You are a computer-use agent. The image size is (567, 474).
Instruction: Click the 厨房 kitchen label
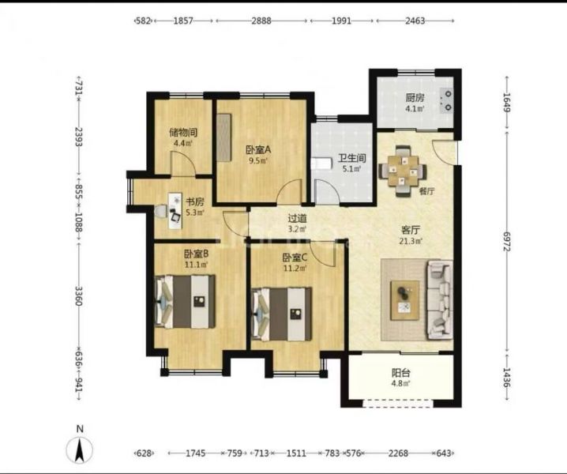(x=415, y=98)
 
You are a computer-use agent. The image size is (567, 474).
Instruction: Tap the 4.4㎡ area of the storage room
(x=183, y=143)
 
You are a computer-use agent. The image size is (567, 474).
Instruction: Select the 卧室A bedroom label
(x=258, y=150)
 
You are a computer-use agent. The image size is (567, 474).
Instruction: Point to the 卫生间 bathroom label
(x=352, y=158)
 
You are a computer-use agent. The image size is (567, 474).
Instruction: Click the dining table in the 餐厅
(x=404, y=171)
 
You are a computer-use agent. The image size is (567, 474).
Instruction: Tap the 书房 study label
(x=195, y=201)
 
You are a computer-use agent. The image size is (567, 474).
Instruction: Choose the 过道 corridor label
(x=297, y=219)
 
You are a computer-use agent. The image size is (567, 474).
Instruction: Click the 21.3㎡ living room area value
(x=411, y=240)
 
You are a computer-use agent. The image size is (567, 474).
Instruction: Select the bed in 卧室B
(x=185, y=302)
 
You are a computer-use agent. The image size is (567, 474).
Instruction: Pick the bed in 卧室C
(x=282, y=314)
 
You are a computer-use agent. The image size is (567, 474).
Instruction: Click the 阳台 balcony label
(x=401, y=373)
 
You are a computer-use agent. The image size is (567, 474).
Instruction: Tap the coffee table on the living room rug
(x=405, y=300)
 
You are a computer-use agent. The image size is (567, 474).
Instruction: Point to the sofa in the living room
(x=440, y=300)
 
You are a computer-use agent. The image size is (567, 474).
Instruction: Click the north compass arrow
(x=80, y=450)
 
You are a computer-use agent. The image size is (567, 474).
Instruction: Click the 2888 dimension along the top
(x=261, y=21)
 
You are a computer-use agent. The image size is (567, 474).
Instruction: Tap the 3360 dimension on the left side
(x=78, y=295)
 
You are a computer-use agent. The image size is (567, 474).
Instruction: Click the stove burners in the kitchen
(x=448, y=100)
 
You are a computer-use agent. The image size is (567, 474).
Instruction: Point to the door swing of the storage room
(x=183, y=164)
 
